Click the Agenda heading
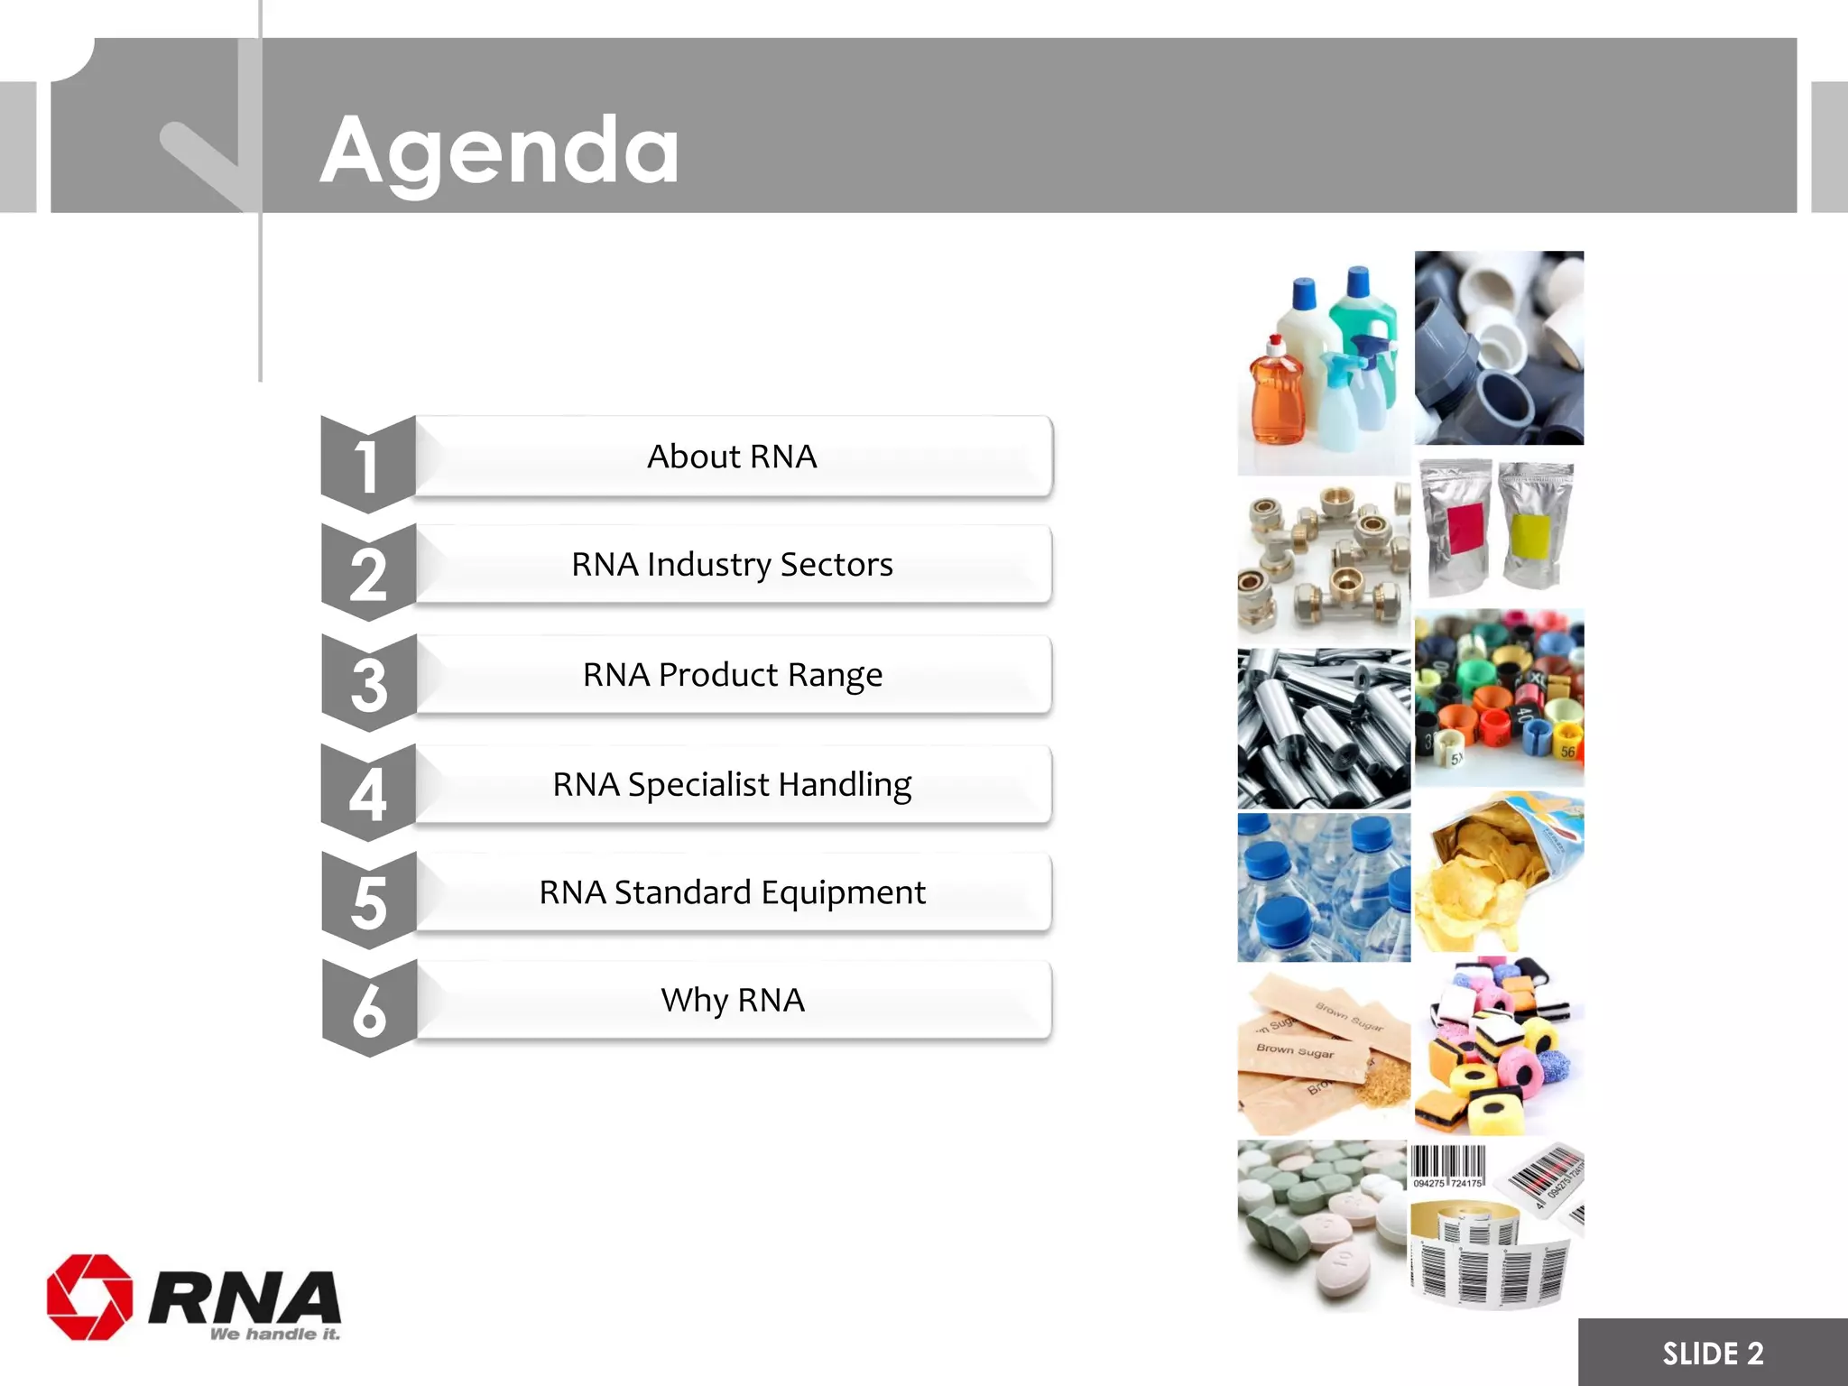pyautogui.click(x=499, y=151)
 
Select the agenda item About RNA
pyautogui.click(x=732, y=457)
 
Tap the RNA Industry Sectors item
pyautogui.click(x=732, y=565)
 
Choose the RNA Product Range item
pyautogui.click(x=732, y=675)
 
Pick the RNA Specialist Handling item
pyautogui.click(x=732, y=785)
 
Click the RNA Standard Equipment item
pyautogui.click(x=732, y=892)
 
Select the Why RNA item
pyautogui.click(x=732, y=1001)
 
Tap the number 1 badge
pyautogui.click(x=366, y=466)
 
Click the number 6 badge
pyautogui.click(x=368, y=1010)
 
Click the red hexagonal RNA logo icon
pyautogui.click(x=89, y=1297)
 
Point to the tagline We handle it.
pyautogui.click(x=275, y=1334)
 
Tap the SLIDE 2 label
pyautogui.click(x=1712, y=1354)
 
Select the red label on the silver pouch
pyautogui.click(x=1464, y=527)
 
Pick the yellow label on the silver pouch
pyautogui.click(x=1530, y=534)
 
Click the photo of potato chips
pyautogui.click(x=1498, y=873)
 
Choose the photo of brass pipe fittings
pyautogui.click(x=1323, y=561)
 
